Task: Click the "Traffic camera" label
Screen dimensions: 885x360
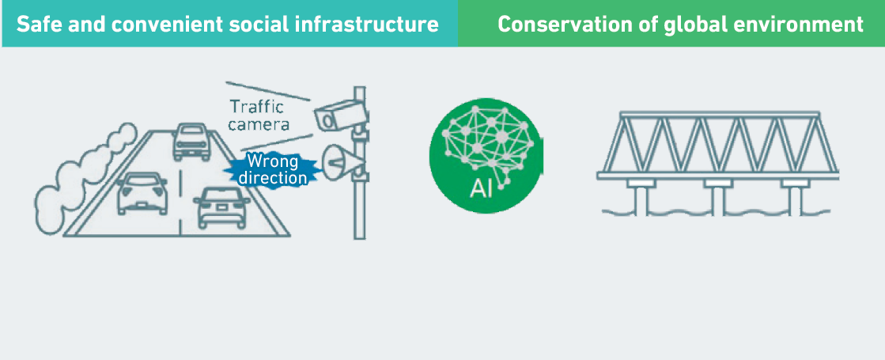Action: [x=258, y=115]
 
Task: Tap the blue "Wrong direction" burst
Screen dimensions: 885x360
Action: [x=273, y=169]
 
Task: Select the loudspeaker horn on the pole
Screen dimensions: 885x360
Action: [x=342, y=162]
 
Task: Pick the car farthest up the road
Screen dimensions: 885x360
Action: [x=191, y=142]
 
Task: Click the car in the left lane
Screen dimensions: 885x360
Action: [x=142, y=194]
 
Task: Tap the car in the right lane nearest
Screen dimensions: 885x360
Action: [x=221, y=207]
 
